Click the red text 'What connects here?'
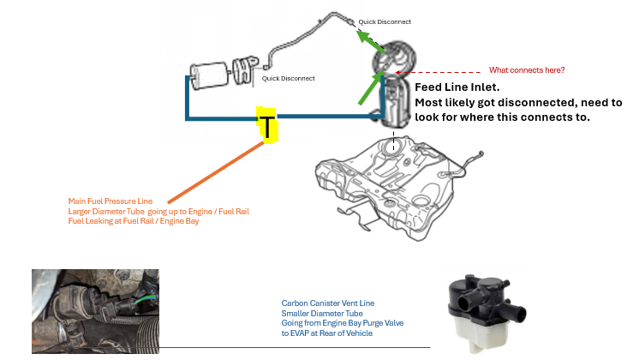tap(527, 69)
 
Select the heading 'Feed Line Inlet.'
tap(464, 87)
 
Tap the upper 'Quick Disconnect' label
tap(385, 21)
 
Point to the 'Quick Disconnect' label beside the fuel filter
tap(289, 78)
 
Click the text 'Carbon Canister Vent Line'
tap(326, 303)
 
